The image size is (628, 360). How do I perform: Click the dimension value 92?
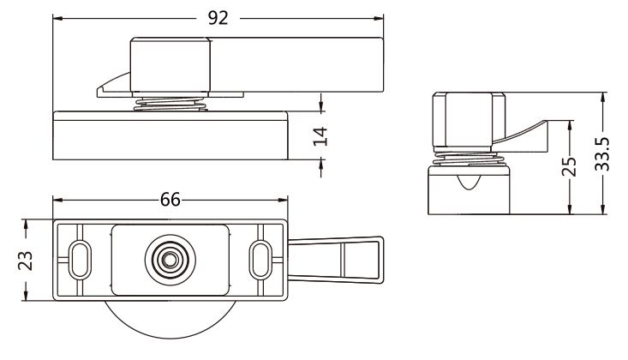pos(218,19)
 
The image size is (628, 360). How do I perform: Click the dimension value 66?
pos(170,200)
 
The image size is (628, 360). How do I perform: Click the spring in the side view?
pos(470,157)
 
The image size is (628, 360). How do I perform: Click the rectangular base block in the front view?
pos(170,137)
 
